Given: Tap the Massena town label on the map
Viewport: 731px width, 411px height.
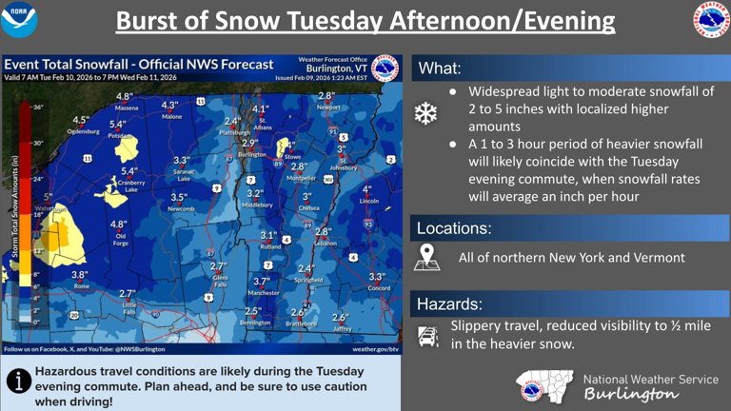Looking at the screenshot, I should pyautogui.click(x=126, y=108).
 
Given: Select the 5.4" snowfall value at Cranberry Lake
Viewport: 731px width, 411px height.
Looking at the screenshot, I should pyautogui.click(x=129, y=171).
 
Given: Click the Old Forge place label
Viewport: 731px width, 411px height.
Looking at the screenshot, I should pyautogui.click(x=121, y=239).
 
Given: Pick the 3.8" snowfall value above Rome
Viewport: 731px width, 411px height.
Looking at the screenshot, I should pyautogui.click(x=80, y=274).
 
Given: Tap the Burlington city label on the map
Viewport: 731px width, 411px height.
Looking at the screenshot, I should pyautogui.click(x=252, y=154).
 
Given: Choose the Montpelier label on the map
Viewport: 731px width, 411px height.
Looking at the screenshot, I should pyautogui.click(x=302, y=177).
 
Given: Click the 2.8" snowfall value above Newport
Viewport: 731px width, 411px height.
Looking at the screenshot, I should pyautogui.click(x=326, y=96).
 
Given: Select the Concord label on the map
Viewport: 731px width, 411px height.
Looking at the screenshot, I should pyautogui.click(x=379, y=287).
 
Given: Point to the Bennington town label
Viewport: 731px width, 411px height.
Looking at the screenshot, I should pyautogui.click(x=255, y=323).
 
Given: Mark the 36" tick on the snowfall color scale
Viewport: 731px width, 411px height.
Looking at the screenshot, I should pyautogui.click(x=37, y=108).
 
